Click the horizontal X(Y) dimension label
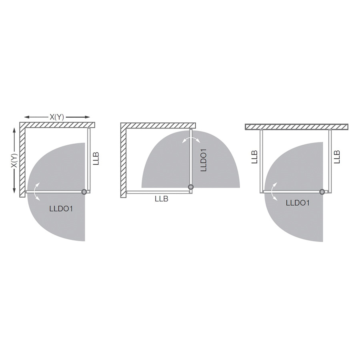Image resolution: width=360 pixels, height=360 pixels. click(57, 117)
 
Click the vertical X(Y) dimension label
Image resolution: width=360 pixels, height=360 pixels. click(14, 160)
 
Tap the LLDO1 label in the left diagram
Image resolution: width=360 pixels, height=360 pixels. click(61, 209)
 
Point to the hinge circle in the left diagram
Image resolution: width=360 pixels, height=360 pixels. click(84, 192)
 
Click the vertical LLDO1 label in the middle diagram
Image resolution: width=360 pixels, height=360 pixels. click(204, 160)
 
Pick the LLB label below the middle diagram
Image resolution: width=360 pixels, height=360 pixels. click(162, 199)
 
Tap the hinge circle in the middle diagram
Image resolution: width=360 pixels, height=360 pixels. click(191, 187)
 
